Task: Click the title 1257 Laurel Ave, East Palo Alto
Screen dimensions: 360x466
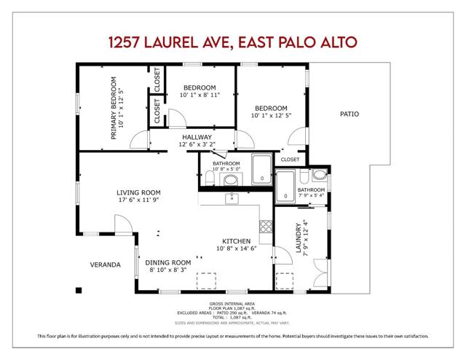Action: [233, 42]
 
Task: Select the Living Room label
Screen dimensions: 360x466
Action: [138, 193]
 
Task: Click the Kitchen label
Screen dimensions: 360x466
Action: [237, 241]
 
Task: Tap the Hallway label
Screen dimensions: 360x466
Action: [197, 137]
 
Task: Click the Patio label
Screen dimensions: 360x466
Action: [349, 114]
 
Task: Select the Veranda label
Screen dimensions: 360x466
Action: [105, 265]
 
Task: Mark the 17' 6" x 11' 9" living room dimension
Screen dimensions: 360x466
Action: [138, 200]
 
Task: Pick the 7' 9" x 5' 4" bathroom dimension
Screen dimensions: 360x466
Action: [311, 195]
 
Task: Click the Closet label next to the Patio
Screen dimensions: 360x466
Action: [290, 159]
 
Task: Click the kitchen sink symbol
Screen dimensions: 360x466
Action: [232, 198]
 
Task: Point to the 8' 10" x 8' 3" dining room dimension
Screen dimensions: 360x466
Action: [167, 270]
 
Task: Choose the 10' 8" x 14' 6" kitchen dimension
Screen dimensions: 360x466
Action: [237, 249]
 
